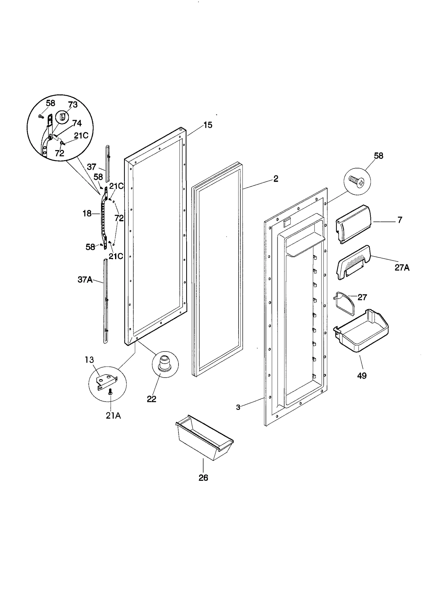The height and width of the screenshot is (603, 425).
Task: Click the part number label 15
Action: [x=208, y=125]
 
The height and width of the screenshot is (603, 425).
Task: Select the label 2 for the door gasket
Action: [x=276, y=179]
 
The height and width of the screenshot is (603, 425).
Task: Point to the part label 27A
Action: [x=402, y=267]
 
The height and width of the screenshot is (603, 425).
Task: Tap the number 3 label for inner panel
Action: [x=238, y=407]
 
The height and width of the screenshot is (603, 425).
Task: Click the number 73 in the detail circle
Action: [x=73, y=105]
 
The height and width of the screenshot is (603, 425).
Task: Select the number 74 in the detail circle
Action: [x=77, y=123]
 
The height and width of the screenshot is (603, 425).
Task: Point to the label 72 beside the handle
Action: [x=119, y=218]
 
